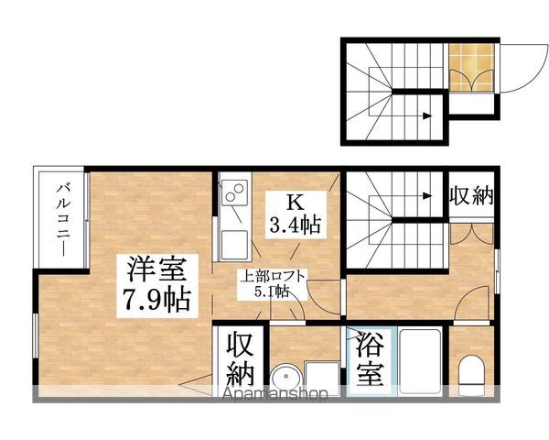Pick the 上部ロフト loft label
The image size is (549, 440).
pos(273,276)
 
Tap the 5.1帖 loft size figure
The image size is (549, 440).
pos(272,291)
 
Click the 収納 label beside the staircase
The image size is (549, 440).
pos(471,197)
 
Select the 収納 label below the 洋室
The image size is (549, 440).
pos(241,359)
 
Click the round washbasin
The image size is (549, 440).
pos(285,378)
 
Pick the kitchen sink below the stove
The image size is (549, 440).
pos(234,244)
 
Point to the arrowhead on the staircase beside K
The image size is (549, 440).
pos(429,194)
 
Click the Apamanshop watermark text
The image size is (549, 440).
pos(275,396)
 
